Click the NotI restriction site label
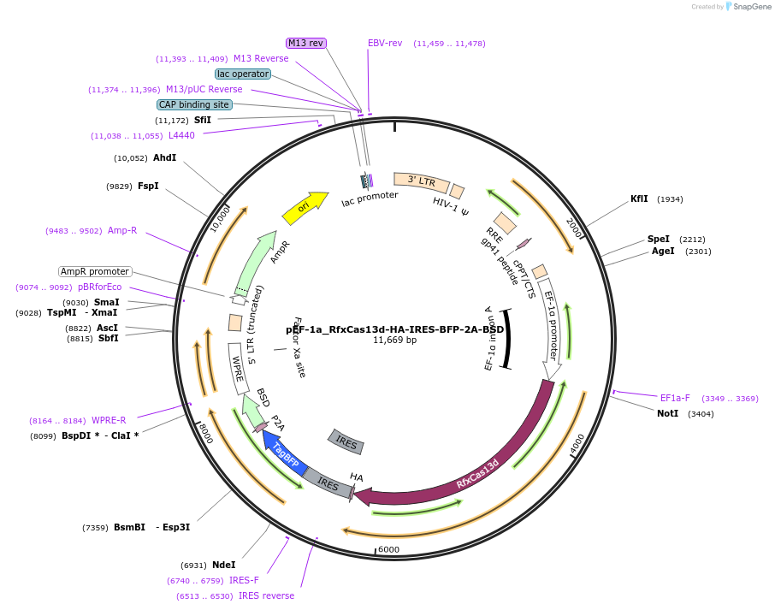click(667, 413)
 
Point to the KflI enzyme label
click(639, 198)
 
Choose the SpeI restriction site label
click(658, 239)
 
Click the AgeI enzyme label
click(663, 251)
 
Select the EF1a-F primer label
click(675, 398)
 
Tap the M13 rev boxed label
click(305, 43)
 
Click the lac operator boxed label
click(242, 74)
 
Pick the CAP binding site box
click(194, 104)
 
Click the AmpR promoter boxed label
click(95, 271)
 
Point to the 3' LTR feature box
click(421, 181)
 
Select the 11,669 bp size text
click(394, 340)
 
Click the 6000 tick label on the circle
click(388, 549)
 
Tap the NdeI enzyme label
click(223, 565)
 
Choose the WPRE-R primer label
click(109, 420)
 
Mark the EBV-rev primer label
click(385, 43)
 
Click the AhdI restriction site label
click(164, 157)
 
